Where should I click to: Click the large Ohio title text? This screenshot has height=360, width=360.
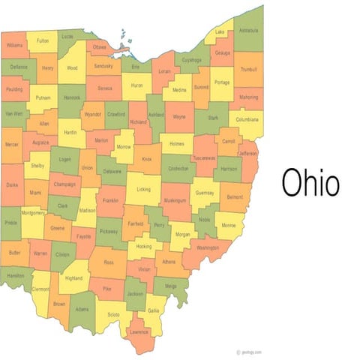pyautogui.click(x=310, y=181)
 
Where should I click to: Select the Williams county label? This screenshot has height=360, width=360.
pyautogui.click(x=14, y=46)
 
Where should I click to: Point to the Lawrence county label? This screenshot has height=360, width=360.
pyautogui.click(x=139, y=331)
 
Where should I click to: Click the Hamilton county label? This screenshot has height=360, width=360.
pyautogui.click(x=15, y=276)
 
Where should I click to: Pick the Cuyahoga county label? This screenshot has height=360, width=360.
pyautogui.click(x=191, y=59)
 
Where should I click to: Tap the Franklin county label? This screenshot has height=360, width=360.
pyautogui.click(x=110, y=201)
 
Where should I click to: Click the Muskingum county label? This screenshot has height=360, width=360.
pyautogui.click(x=175, y=201)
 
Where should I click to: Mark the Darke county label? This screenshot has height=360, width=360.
pyautogui.click(x=12, y=184)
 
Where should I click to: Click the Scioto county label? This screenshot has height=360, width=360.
pyautogui.click(x=113, y=314)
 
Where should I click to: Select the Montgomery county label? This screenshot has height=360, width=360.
pyautogui.click(x=33, y=213)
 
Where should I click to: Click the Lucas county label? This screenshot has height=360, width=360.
pyautogui.click(x=67, y=35)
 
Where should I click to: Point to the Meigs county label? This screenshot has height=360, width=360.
pyautogui.click(x=170, y=285)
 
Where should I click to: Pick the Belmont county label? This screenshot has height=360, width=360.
pyautogui.click(x=235, y=196)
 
